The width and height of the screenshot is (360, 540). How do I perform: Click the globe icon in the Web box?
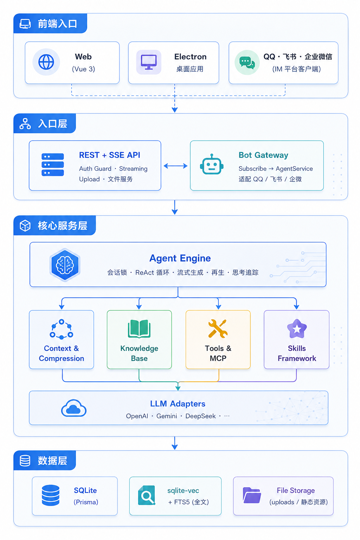46,62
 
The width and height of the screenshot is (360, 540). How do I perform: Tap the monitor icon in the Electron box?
149,62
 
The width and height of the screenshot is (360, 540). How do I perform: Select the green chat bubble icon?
247,63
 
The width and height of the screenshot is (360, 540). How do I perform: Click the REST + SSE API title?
109,155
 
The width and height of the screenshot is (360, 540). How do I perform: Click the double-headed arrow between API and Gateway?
175,166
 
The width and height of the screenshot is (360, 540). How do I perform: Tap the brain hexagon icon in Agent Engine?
65,265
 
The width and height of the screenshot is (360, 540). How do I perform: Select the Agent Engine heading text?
180,258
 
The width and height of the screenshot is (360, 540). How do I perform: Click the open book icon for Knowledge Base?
139,329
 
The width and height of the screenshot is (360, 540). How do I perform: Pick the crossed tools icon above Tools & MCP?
218,328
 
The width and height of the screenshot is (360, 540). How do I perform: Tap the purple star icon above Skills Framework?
297,329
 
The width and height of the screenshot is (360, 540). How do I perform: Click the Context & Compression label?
62,353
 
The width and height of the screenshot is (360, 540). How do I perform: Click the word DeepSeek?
201,416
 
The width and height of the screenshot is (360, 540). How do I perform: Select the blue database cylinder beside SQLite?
51,495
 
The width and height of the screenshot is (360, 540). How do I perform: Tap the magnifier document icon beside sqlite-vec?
147,495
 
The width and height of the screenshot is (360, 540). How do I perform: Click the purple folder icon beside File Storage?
252,495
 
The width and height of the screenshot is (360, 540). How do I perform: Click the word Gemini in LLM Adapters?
167,416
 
